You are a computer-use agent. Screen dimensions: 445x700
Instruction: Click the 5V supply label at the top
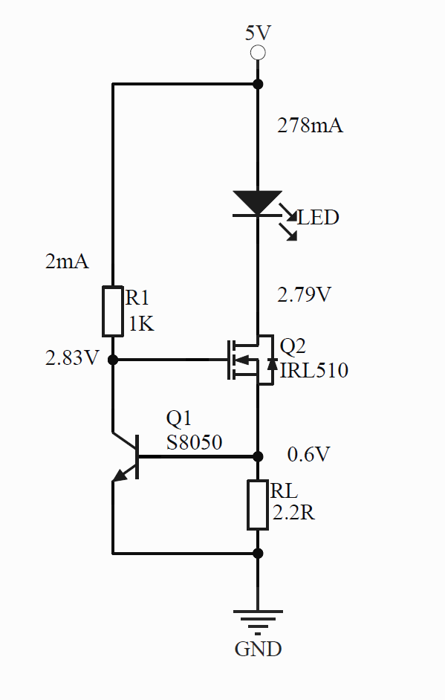(x=258, y=33)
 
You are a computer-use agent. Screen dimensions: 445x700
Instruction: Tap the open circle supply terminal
(x=258, y=53)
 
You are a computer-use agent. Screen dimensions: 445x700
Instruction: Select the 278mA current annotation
(x=311, y=126)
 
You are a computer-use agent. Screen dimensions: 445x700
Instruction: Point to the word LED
(x=318, y=218)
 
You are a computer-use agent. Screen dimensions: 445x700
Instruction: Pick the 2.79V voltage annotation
(x=304, y=295)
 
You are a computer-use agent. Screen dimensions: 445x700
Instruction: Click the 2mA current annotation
(x=67, y=261)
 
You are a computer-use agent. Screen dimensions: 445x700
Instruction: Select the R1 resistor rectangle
(x=113, y=311)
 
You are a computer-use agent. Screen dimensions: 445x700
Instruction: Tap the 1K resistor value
(x=141, y=324)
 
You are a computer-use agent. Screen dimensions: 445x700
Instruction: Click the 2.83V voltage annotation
(x=72, y=358)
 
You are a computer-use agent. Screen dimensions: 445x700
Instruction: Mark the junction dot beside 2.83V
(x=113, y=360)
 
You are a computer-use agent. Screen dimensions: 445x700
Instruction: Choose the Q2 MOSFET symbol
(x=252, y=360)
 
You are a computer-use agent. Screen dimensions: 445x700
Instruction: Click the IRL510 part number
(x=314, y=370)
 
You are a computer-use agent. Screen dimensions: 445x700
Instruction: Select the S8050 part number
(x=194, y=442)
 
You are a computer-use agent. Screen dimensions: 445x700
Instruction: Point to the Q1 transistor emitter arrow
(x=120, y=476)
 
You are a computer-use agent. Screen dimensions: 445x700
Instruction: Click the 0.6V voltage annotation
(x=308, y=455)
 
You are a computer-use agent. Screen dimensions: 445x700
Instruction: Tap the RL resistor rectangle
(x=258, y=505)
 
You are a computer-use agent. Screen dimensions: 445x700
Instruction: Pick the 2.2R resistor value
(x=293, y=513)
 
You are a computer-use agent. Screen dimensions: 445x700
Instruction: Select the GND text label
(x=258, y=649)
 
